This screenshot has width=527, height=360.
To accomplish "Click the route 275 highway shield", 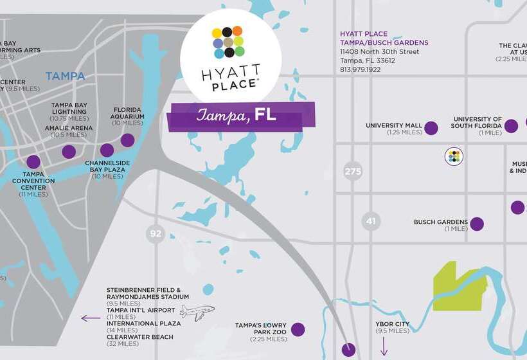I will pyautogui.click(x=353, y=171).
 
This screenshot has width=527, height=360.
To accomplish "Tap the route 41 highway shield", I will pyautogui.click(x=371, y=221).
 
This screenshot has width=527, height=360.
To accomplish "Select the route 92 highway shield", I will pyautogui.click(x=156, y=233).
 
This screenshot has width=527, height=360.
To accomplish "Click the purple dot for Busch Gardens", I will pyautogui.click(x=476, y=224).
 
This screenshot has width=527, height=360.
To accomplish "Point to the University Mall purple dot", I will pyautogui.click(x=431, y=128).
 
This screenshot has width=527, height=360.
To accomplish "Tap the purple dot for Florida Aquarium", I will pyautogui.click(x=127, y=139).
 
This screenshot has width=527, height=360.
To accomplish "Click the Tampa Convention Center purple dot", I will pyautogui.click(x=33, y=162).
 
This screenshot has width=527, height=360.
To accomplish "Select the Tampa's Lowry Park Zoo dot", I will pyautogui.click(x=298, y=330).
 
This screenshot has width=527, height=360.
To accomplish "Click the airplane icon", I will pyautogui.click(x=197, y=312).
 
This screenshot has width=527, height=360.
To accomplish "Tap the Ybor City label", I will pyautogui.click(x=392, y=323).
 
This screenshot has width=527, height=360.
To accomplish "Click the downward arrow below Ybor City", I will pyautogui.click(x=384, y=347).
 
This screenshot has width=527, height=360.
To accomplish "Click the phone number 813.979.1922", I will pyautogui.click(x=361, y=69).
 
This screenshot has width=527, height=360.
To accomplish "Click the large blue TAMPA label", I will pyautogui.click(x=65, y=76).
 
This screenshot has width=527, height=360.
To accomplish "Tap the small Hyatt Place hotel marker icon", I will pyautogui.click(x=454, y=156).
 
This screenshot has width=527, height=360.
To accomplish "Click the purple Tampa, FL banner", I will pyautogui.click(x=242, y=115).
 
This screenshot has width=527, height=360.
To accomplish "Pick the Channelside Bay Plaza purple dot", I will pyautogui.click(x=107, y=150).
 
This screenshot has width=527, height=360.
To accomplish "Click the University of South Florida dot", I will pyautogui.click(x=511, y=126).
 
